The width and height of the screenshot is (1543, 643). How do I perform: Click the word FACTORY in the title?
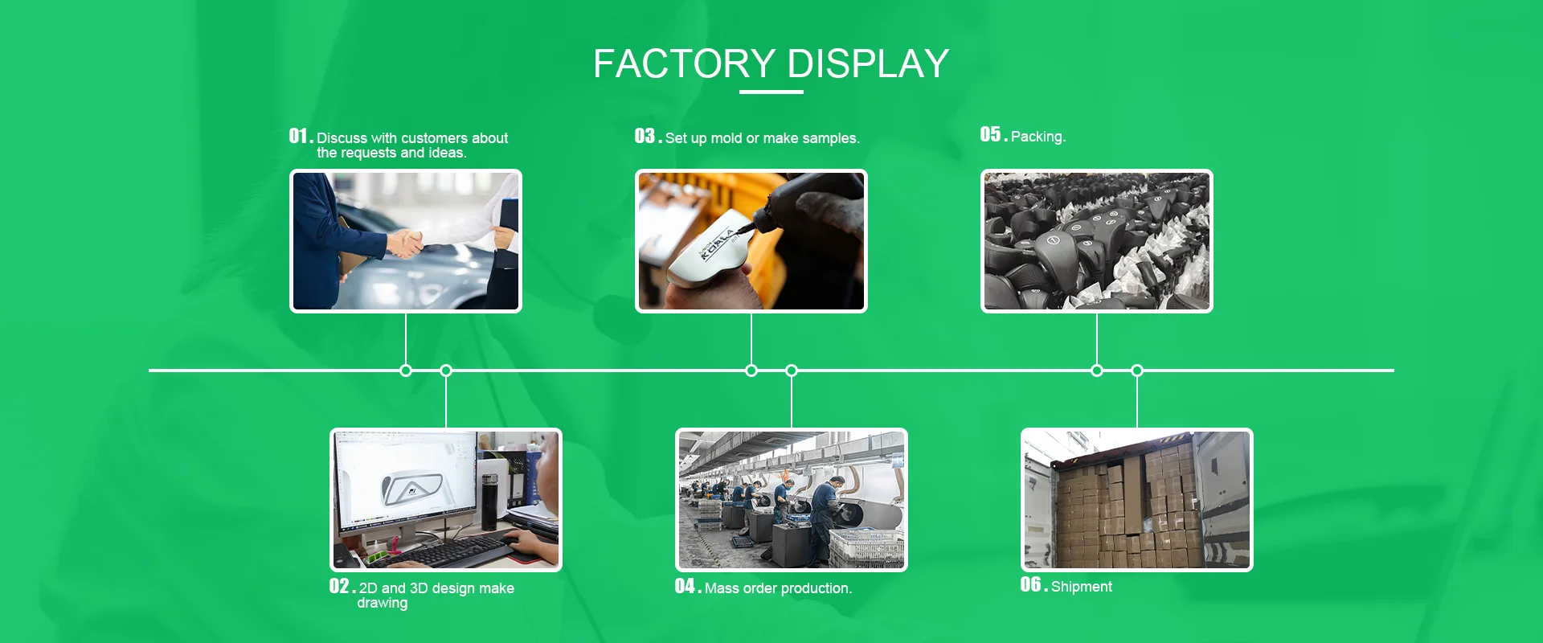click(x=684, y=64)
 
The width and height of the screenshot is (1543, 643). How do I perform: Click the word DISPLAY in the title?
click(x=868, y=64)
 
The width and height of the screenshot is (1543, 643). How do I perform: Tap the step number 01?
click(x=298, y=136)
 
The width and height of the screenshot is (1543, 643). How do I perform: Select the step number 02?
click(x=339, y=587)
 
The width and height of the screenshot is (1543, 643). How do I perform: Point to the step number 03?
click(x=645, y=136)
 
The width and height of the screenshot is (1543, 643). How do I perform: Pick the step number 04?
click(x=685, y=587)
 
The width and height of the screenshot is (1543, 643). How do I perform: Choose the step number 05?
click(x=990, y=135)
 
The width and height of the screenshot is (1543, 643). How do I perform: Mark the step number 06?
click(x=1030, y=585)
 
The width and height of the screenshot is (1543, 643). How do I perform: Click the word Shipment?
click(x=1081, y=587)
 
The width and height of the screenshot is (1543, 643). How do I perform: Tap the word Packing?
click(x=1038, y=137)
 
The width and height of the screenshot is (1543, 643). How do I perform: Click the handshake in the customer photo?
click(x=406, y=242)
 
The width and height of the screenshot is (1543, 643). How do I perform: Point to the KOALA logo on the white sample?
click(x=718, y=245)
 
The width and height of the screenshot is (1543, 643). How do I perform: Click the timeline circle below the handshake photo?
click(x=406, y=371)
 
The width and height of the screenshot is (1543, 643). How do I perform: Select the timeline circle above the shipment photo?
click(x=1137, y=371)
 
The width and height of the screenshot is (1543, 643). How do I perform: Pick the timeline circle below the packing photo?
click(x=1097, y=371)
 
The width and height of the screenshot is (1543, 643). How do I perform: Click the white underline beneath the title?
click(x=771, y=92)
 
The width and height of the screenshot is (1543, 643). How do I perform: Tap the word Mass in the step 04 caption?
click(x=722, y=588)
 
